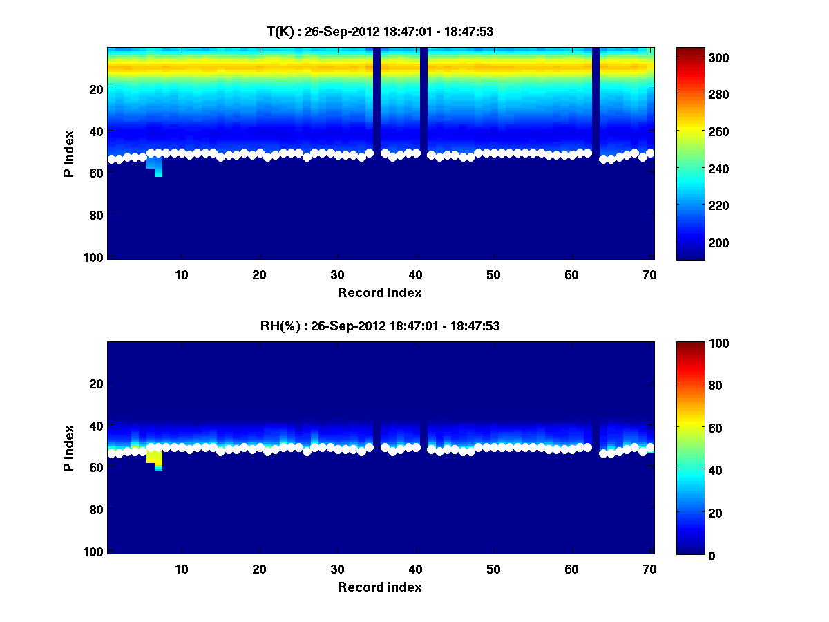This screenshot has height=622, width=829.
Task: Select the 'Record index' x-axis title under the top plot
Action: coord(379,292)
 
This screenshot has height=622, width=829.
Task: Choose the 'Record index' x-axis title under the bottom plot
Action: coord(379,587)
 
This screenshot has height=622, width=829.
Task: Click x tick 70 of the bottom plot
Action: coord(649,569)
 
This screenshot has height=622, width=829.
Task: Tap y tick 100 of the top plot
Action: coord(95,257)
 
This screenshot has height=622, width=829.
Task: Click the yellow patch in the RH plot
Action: coord(155,458)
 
